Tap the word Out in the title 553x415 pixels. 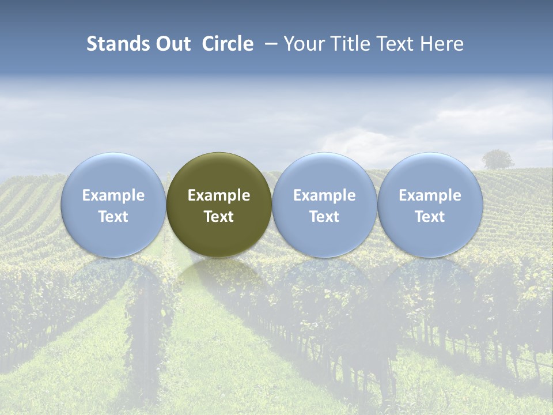[172, 44]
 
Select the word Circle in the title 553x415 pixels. [228, 44]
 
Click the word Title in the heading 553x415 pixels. [351, 44]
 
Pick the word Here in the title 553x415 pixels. [442, 44]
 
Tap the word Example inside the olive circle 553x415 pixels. [219, 195]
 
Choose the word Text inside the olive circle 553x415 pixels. [219, 217]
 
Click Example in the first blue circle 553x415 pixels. [113, 195]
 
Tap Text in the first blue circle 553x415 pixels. [113, 217]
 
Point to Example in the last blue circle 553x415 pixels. [430, 195]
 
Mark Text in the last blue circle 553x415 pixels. [430, 217]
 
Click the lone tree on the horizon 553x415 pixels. [498, 159]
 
